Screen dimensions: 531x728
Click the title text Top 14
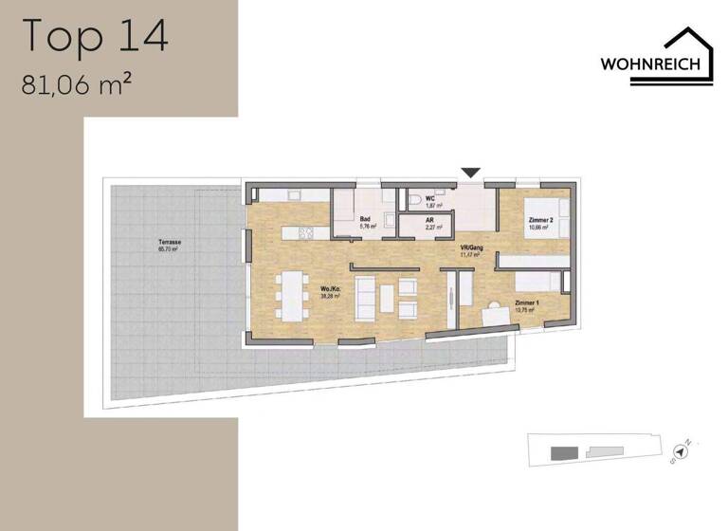tap(95, 35)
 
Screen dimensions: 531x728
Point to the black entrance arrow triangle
tap(471, 172)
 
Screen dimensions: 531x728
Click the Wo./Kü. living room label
tap(331, 292)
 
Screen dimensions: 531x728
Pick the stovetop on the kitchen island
tap(306, 233)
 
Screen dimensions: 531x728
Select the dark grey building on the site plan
tap(564, 451)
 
